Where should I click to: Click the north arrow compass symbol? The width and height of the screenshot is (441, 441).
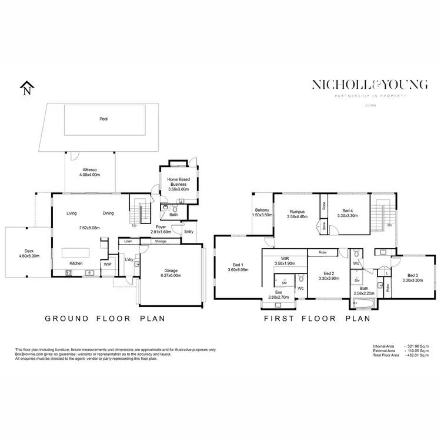pyautogui.click(x=25, y=89)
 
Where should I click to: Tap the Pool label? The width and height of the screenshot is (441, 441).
pyautogui.click(x=103, y=119)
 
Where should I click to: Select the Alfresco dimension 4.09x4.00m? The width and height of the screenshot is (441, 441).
pyautogui.click(x=90, y=175)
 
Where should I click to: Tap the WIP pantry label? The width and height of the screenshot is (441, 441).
pyautogui.click(x=108, y=265)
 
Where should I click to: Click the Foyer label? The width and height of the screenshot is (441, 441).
pyautogui.click(x=161, y=226)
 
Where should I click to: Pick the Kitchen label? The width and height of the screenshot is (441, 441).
pyautogui.click(x=76, y=263)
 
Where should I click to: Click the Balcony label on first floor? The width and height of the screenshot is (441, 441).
pyautogui.click(x=262, y=211)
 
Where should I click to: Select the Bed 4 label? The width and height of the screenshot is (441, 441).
pyautogui.click(x=348, y=211)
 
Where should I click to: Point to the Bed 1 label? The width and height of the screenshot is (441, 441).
pyautogui.click(x=238, y=265)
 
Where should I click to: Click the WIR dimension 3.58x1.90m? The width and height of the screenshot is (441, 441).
pyautogui.click(x=284, y=263)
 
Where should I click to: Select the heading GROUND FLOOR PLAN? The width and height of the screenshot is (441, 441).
pyautogui.click(x=105, y=318)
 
